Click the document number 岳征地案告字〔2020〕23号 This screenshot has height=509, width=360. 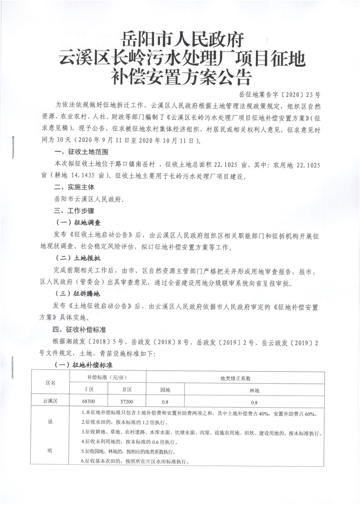[279, 95]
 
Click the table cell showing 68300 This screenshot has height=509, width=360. [89, 401]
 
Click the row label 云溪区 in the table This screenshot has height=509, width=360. [51, 401]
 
